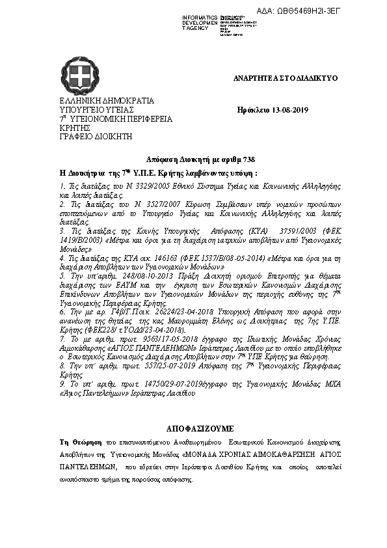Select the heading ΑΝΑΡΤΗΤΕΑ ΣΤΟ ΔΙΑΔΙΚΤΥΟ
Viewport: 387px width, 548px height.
point(286,78)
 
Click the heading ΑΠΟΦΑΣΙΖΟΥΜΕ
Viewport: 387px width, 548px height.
point(193,430)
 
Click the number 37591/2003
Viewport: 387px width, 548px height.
point(279,231)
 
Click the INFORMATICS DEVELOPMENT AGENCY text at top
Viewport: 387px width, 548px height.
point(200,22)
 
